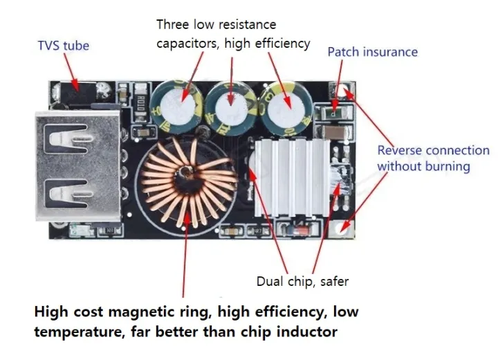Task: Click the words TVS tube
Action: pyautogui.click(x=63, y=46)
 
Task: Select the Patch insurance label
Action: pyautogui.click(x=373, y=52)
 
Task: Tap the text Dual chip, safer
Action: pyautogui.click(x=302, y=282)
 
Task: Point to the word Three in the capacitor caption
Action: pyautogui.click(x=173, y=24)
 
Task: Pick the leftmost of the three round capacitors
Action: pyautogui.click(x=177, y=106)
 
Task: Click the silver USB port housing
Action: pyautogui.click(x=78, y=165)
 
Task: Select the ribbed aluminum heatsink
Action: pyautogui.click(x=292, y=177)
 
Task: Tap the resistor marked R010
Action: pyautogui.click(x=141, y=102)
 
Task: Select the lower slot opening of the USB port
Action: pyautogui.click(x=67, y=194)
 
